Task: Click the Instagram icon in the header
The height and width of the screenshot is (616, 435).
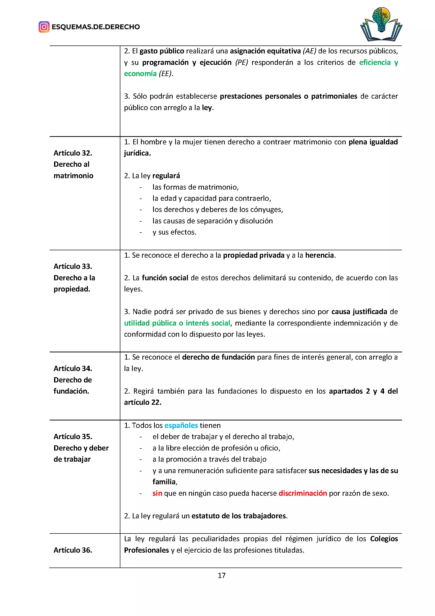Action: pos(44,27)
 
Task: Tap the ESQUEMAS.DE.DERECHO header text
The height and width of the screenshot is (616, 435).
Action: pos(96,27)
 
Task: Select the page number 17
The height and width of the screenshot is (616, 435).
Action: pos(222,575)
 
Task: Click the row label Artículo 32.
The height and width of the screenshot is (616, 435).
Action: pos(73,153)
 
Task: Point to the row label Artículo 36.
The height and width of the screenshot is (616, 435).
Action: pos(73,550)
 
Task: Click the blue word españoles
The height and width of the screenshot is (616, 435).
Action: pos(181,425)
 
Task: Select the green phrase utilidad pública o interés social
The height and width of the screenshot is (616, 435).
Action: pos(177,323)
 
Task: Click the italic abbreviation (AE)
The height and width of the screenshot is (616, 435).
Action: pos(309,51)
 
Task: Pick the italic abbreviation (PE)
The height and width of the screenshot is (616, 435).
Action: pos(242,63)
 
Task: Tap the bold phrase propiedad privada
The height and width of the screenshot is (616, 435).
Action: pos(254,255)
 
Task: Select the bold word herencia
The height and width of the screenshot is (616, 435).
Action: pos(320,255)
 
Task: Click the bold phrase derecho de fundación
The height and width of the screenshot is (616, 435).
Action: pos(218,357)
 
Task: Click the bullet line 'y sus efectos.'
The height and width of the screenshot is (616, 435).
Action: pos(174,232)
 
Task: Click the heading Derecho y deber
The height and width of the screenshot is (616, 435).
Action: pos(81,448)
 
